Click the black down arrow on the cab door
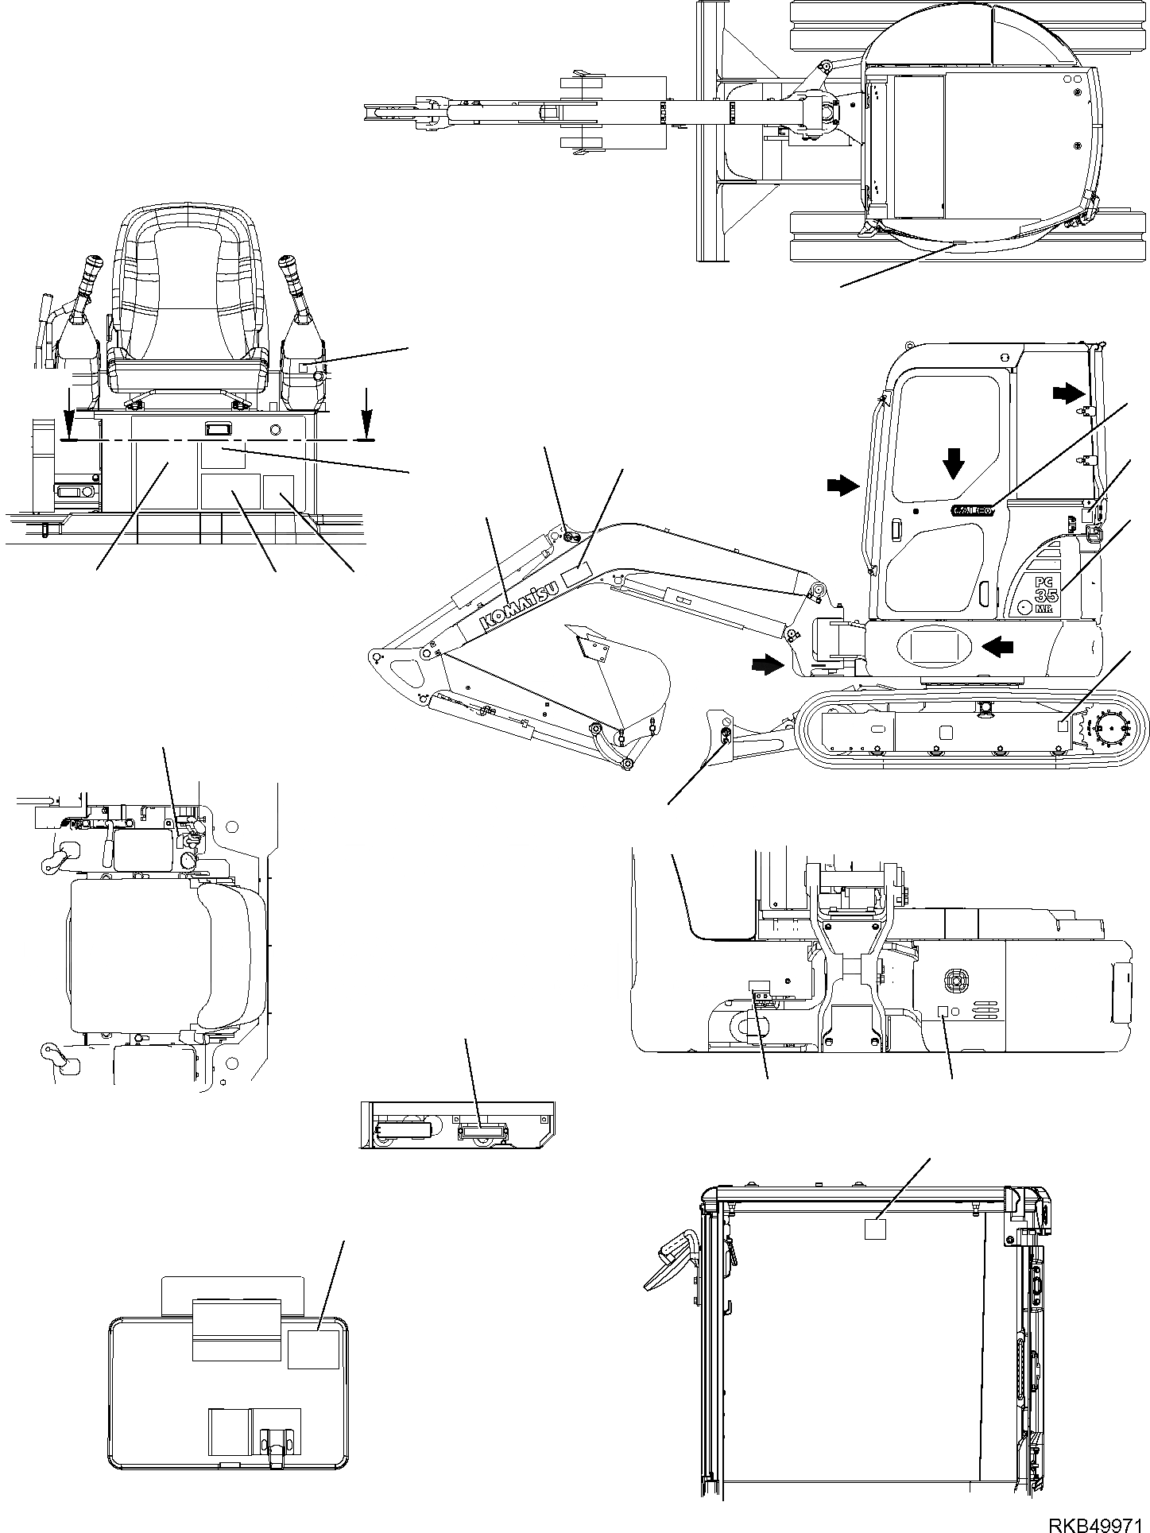pos(954,463)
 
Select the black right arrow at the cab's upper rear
pos(1067,392)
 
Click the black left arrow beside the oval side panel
pos(997,648)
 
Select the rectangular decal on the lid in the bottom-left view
pos(313,1349)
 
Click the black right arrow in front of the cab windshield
pos(842,485)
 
